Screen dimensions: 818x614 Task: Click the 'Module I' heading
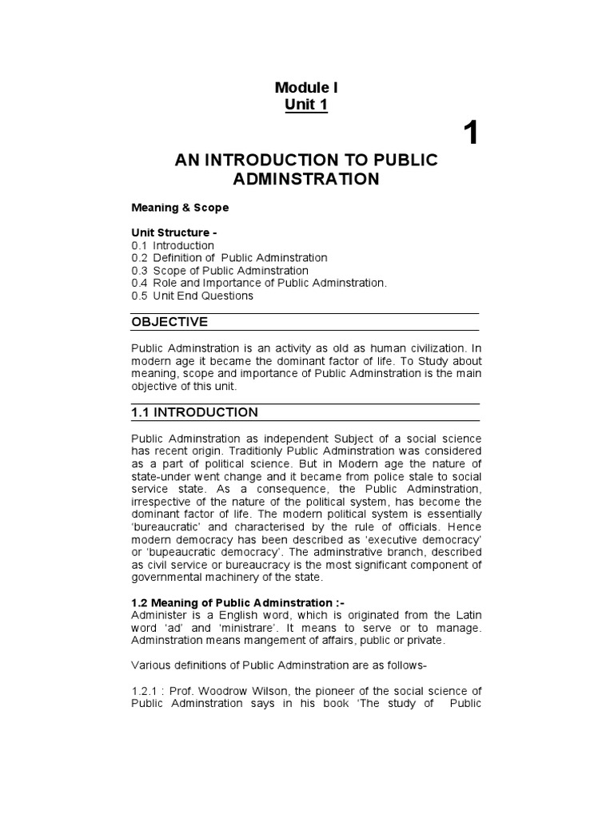point(306,88)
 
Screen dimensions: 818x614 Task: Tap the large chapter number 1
point(471,133)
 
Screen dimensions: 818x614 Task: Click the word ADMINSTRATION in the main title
point(306,179)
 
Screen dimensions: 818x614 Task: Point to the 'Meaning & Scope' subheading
point(180,208)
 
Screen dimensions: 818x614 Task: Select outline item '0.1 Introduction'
point(173,245)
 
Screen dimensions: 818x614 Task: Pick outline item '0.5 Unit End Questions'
point(193,296)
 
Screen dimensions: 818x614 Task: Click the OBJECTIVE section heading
point(169,322)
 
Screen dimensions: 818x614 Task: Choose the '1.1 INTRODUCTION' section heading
point(194,413)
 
